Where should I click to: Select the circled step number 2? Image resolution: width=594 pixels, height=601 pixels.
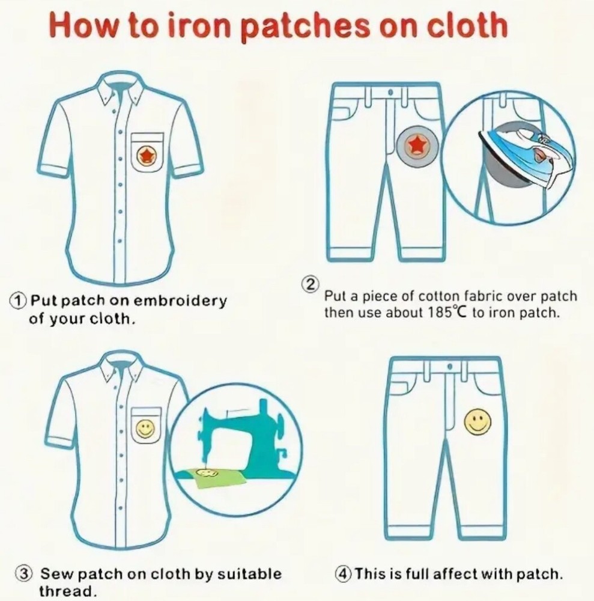(311, 284)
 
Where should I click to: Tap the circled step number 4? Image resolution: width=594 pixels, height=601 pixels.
(343, 573)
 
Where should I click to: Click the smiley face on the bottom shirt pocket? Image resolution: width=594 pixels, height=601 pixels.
(145, 428)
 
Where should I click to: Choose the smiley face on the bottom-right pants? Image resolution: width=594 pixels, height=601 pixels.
(477, 423)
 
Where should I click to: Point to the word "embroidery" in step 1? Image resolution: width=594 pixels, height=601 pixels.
(180, 301)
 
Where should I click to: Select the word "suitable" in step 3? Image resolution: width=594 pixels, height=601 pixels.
(249, 573)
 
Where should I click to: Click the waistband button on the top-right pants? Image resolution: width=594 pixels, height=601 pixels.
(390, 93)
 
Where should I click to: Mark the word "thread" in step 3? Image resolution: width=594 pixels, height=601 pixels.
(66, 591)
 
